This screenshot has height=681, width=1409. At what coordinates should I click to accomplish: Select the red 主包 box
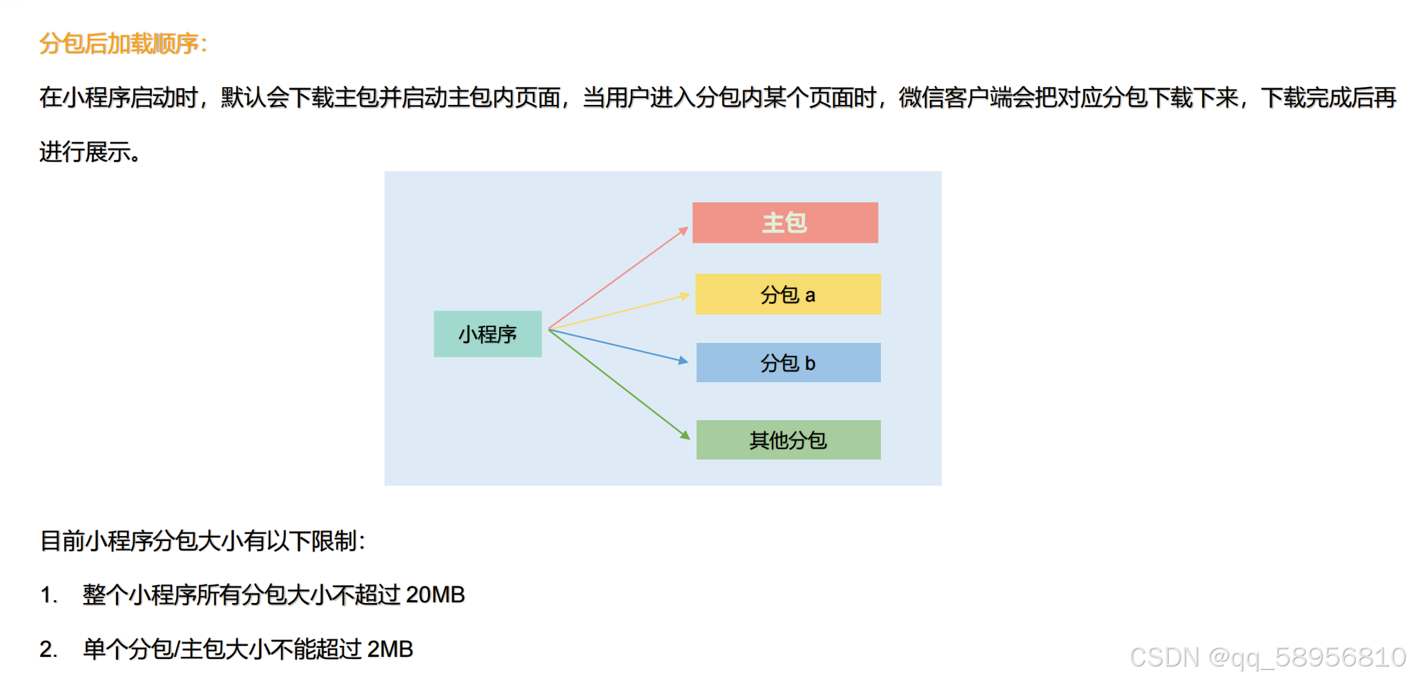tap(785, 222)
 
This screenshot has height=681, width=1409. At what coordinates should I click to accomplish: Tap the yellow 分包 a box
tap(788, 295)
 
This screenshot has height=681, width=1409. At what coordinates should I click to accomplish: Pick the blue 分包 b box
tap(788, 363)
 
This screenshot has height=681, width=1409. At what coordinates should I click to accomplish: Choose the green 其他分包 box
tap(788, 440)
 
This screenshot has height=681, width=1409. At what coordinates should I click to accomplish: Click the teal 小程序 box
tap(487, 334)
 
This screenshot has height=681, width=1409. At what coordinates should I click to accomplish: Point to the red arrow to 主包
tap(618, 278)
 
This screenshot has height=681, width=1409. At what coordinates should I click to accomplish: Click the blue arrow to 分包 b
tap(618, 345)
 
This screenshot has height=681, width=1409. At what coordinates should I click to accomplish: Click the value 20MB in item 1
tap(435, 595)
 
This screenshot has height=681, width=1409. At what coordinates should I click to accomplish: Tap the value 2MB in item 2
tap(390, 649)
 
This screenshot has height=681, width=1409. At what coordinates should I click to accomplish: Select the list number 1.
tap(48, 595)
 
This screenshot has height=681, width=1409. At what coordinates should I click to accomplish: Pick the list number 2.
tap(48, 649)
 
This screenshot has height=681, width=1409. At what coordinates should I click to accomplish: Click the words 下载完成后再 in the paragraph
tap(1328, 98)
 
